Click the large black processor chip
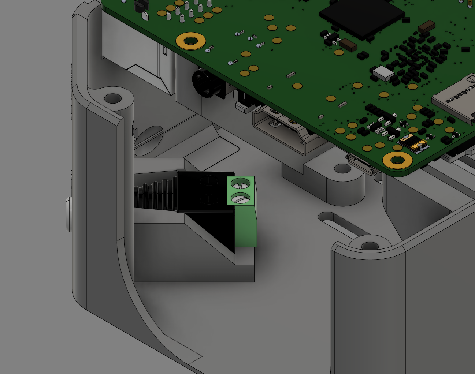pos(361,16)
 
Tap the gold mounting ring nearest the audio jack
pos(190,41)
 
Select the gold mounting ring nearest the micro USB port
pos(397,160)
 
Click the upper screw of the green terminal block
pos(241,183)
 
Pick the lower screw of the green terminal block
pos(241,199)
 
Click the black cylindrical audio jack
pos(205,83)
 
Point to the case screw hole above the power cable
pos(113,98)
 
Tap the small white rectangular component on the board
pos(383,73)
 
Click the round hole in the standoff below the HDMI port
pos(343,169)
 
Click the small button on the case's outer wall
pos(68,214)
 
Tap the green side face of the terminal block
pos(245,227)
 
